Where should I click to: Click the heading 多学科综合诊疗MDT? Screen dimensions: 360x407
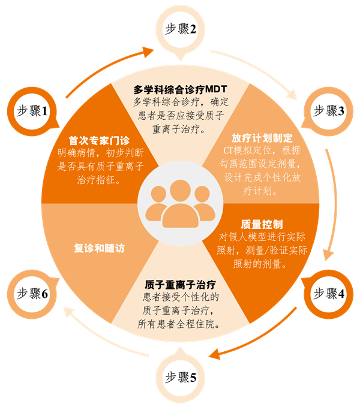(x=180, y=89)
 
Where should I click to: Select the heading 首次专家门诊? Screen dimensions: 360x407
(x=99, y=140)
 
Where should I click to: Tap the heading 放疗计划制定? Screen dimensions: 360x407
(x=262, y=138)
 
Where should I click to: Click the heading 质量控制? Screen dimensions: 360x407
(x=262, y=225)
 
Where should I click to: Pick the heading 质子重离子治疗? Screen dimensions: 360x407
(x=180, y=285)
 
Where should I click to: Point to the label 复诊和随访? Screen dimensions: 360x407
(x=99, y=248)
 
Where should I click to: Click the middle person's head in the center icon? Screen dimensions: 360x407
(x=180, y=191)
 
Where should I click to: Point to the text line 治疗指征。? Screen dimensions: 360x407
(x=99, y=180)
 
